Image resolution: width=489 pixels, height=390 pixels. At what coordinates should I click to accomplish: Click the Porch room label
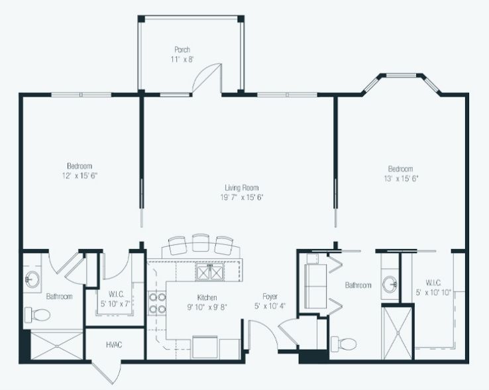[182, 50]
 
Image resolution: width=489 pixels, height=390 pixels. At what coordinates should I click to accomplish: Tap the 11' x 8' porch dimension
[182, 59]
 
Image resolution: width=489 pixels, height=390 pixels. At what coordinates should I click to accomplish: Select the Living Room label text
[241, 187]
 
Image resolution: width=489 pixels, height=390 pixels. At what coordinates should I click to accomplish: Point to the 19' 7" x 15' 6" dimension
[241, 197]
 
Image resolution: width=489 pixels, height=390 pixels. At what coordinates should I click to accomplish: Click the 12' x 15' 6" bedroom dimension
[79, 175]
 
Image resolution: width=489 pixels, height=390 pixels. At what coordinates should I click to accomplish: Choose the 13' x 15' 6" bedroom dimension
[400, 178]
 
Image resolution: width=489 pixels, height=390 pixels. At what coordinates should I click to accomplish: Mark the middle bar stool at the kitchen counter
[201, 245]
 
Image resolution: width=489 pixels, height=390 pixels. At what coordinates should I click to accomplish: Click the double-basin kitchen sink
[211, 272]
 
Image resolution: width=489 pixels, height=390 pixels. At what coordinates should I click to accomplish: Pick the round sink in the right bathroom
[391, 285]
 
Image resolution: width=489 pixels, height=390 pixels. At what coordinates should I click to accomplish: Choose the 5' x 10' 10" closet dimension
[433, 293]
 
